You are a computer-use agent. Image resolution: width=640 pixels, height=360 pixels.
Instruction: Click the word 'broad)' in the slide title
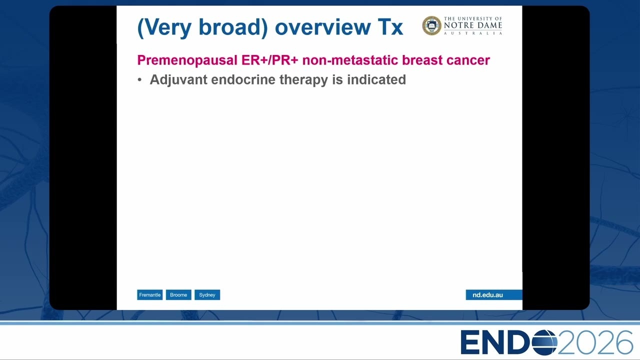tap(233, 27)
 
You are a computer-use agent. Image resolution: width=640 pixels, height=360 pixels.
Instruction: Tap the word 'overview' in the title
tap(323, 27)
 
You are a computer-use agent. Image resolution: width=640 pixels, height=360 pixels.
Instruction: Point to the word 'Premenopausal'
tap(187, 60)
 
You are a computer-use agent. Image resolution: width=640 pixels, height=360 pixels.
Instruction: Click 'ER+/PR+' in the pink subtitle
tap(269, 60)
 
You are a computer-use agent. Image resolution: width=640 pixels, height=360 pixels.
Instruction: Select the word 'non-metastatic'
tap(350, 60)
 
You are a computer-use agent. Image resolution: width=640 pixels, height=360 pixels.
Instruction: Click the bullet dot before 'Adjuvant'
tap(139, 79)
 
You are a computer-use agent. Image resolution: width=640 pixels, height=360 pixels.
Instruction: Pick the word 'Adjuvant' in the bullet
tap(178, 79)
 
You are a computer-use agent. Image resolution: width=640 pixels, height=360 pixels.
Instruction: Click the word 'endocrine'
tap(243, 79)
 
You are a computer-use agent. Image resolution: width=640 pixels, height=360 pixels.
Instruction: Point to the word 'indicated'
tap(376, 79)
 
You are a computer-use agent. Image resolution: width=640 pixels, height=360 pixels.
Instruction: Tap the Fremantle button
tap(149, 295)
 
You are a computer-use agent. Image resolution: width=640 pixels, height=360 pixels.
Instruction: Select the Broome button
tap(178, 295)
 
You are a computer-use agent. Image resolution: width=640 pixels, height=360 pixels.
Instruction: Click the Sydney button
tap(207, 295)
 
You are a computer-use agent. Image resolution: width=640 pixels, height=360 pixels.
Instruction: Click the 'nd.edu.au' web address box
tap(494, 295)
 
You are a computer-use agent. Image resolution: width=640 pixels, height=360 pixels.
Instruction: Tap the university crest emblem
tap(431, 25)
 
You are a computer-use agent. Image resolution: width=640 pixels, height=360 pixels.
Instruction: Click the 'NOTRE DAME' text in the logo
tap(473, 25)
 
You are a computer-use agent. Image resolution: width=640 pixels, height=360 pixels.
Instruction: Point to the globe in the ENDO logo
tap(544, 342)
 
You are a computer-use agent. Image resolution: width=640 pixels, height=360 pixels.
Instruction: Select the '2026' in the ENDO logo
tap(595, 342)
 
